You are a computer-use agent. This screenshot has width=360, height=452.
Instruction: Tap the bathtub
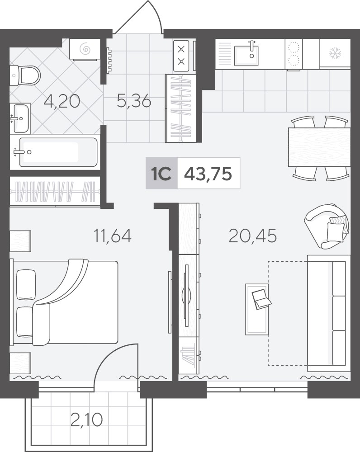[58, 152]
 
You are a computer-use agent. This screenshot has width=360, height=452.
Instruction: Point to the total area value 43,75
[208, 174]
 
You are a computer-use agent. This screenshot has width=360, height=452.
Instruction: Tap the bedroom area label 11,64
[113, 235]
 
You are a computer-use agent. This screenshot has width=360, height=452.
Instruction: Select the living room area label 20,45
[253, 235]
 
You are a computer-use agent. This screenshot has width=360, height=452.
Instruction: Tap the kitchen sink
[246, 53]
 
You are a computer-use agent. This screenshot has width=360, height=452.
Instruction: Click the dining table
[319, 147]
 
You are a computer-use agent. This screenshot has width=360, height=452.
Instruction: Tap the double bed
[64, 302]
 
